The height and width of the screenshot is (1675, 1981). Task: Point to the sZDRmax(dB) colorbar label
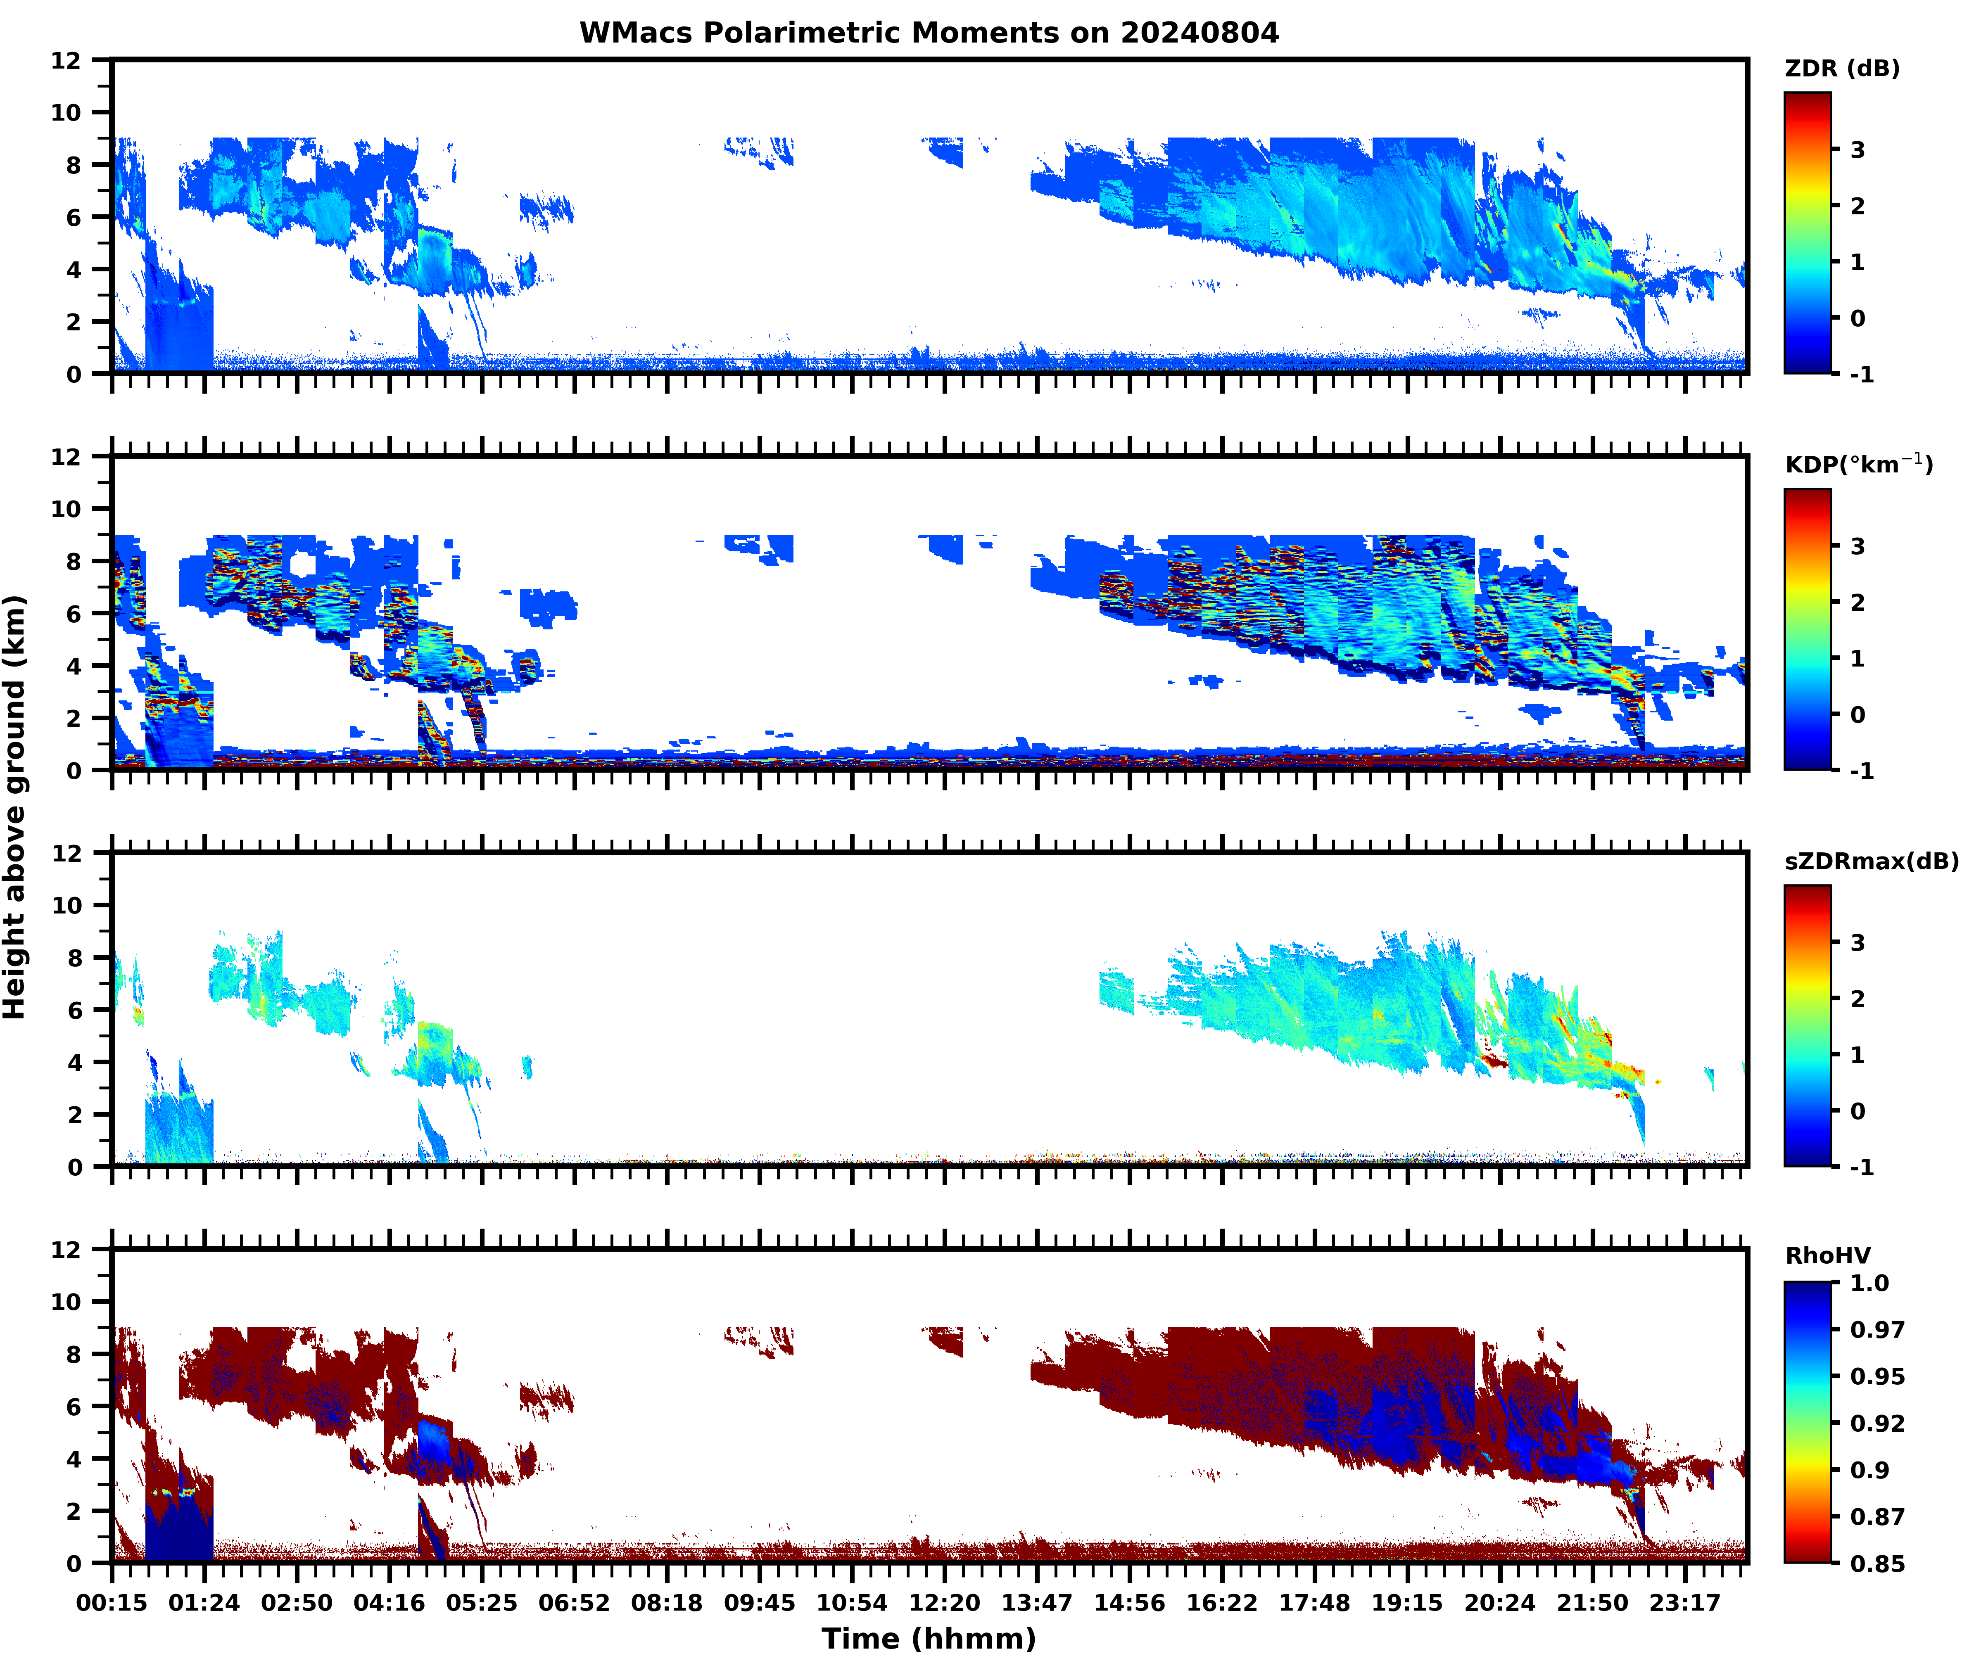point(1871,861)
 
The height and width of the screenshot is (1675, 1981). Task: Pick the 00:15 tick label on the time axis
point(112,1603)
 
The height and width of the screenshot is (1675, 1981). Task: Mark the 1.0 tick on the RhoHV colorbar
point(1869,1283)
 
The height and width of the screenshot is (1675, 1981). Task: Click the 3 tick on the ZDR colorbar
point(1857,150)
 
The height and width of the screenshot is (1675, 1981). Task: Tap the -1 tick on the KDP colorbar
point(1861,770)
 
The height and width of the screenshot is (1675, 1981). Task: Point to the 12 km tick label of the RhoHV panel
point(67,1250)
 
